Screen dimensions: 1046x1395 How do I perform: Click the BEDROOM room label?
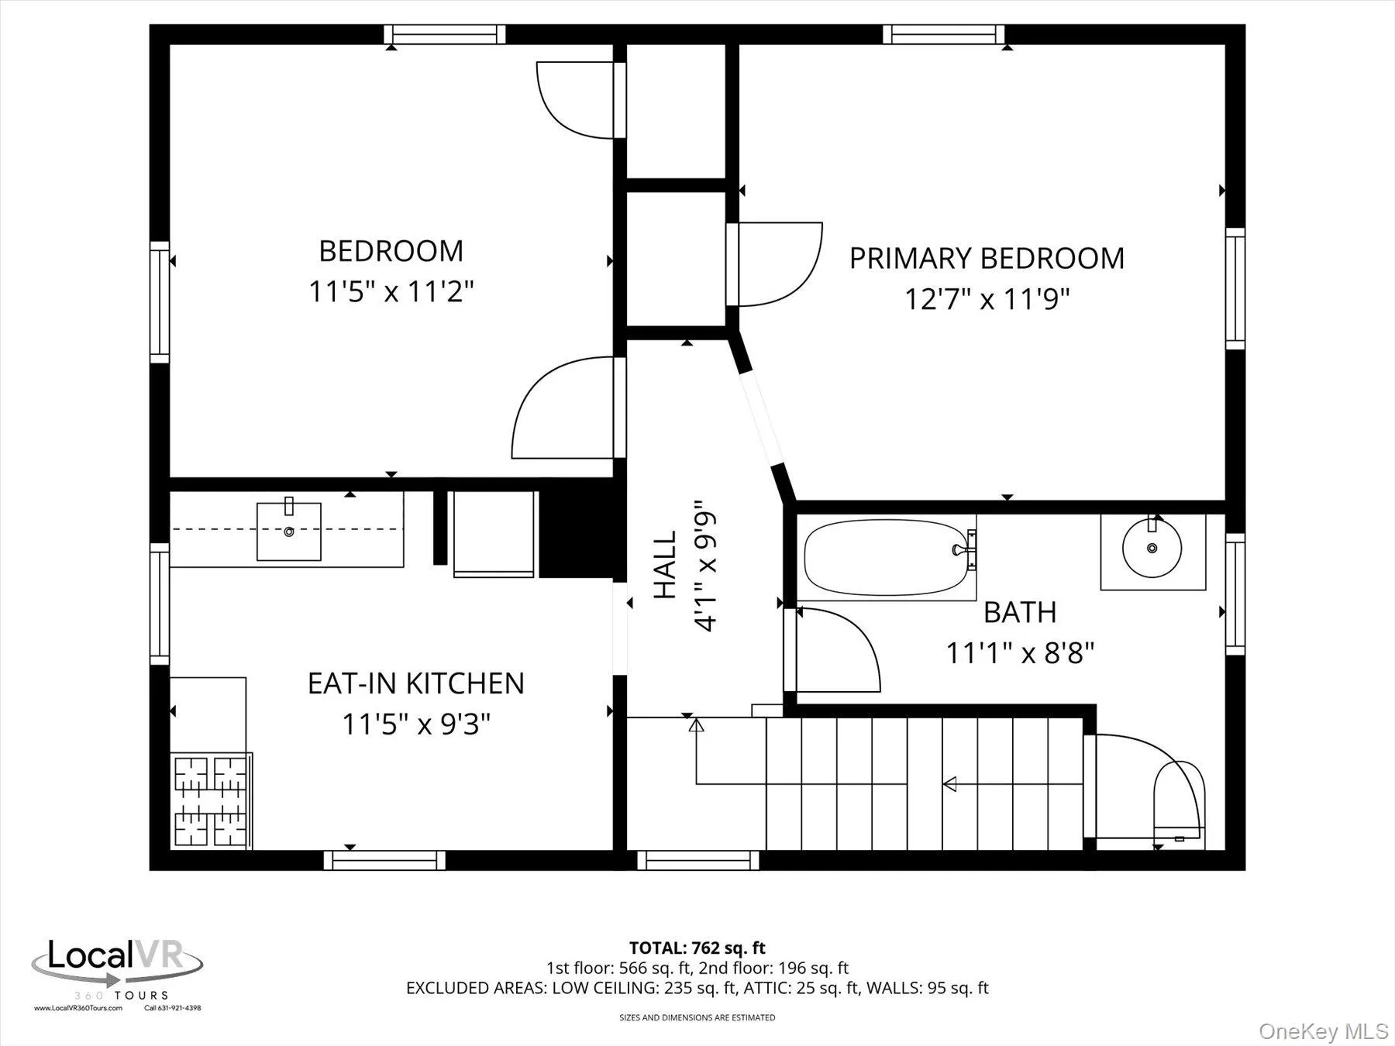(391, 251)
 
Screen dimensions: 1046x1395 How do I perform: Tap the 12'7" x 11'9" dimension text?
(987, 299)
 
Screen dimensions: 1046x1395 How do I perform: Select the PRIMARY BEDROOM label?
(987, 258)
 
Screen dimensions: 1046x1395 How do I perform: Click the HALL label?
(665, 565)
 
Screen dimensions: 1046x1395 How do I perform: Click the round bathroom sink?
(1152, 548)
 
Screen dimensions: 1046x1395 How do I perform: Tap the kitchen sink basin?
(289, 532)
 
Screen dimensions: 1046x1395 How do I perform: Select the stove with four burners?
(211, 800)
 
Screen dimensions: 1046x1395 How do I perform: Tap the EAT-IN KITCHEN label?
(416, 683)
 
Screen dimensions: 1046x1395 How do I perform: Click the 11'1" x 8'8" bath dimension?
(1019, 653)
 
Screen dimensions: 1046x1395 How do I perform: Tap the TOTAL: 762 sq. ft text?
(697, 948)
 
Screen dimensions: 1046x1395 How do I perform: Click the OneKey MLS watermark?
(1323, 1031)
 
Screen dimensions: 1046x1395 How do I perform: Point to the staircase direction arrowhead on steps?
(949, 784)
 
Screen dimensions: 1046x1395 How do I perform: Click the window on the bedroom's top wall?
(445, 34)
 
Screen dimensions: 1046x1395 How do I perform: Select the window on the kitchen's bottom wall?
(384, 860)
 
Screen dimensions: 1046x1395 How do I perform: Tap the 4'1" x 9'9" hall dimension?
(706, 565)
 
